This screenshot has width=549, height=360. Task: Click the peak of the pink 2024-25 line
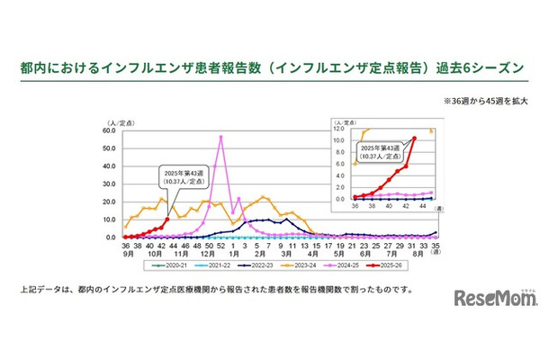pyautogui.click(x=220, y=137)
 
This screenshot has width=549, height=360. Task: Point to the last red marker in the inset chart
pyautogui.click(x=414, y=138)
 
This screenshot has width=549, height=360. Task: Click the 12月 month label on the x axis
pyautogui.click(x=208, y=253)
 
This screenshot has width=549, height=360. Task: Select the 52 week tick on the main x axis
pyautogui.click(x=220, y=244)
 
